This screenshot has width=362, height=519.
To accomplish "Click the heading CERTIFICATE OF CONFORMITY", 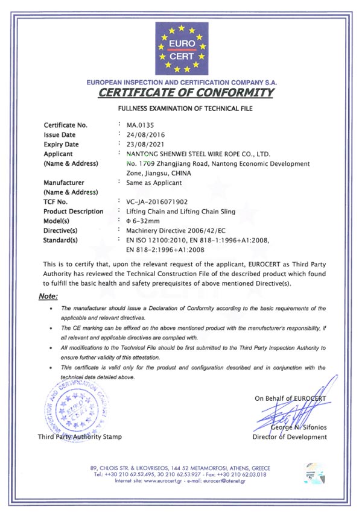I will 186,93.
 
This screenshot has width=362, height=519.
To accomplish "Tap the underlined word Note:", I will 48,297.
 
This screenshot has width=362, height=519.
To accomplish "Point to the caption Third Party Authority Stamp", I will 79,436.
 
